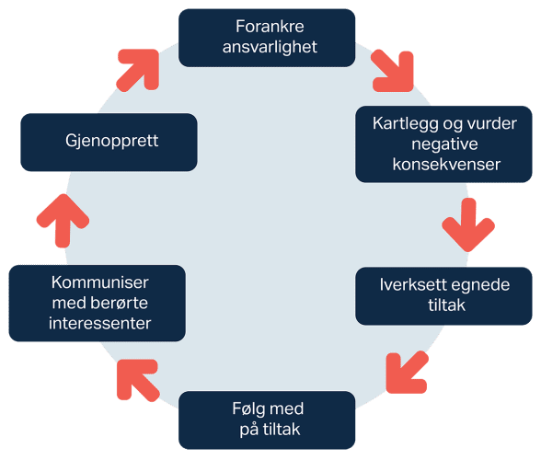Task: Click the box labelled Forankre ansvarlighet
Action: click(x=267, y=38)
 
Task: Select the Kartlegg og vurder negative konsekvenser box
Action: click(x=443, y=144)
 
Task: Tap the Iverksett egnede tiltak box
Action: click(x=443, y=294)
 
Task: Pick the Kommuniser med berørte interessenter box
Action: click(x=96, y=303)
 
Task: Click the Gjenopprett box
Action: click(x=109, y=142)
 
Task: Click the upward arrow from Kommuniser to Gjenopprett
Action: click(x=62, y=221)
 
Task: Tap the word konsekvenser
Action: click(x=443, y=165)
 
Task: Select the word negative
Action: click(x=443, y=144)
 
